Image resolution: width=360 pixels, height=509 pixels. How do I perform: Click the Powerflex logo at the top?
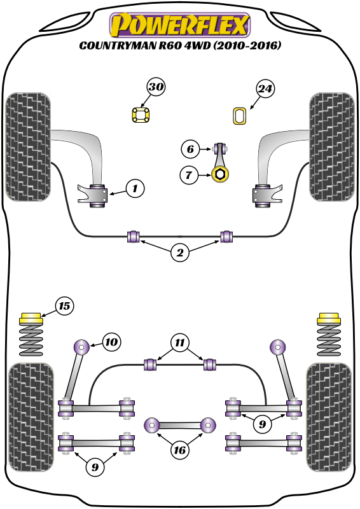180,25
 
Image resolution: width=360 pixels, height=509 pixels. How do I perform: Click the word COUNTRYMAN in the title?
118,45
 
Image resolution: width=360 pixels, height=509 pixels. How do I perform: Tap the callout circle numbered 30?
156,87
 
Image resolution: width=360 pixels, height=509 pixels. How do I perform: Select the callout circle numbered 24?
265,88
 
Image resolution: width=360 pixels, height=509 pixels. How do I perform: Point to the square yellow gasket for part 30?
141,115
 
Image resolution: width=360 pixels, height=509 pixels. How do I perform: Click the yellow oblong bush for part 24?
240,116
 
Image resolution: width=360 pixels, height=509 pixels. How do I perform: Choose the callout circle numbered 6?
190,149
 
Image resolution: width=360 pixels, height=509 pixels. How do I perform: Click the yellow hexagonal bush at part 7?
220,174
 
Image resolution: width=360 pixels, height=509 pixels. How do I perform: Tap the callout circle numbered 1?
135,188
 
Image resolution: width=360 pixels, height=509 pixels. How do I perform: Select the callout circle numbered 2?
180,252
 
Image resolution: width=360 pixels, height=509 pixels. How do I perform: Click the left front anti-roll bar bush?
133,236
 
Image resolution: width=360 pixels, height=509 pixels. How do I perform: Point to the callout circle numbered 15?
64,306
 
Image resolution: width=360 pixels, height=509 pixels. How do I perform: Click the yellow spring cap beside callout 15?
31,317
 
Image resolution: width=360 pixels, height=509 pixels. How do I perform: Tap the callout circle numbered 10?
111,342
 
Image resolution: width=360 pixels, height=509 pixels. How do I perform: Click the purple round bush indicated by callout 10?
81,347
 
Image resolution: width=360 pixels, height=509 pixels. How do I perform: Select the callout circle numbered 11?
180,342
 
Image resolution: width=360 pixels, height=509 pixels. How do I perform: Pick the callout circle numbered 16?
180,450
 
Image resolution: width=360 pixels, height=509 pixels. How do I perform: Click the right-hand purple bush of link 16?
208,425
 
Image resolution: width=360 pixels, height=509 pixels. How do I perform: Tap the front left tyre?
28,147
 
